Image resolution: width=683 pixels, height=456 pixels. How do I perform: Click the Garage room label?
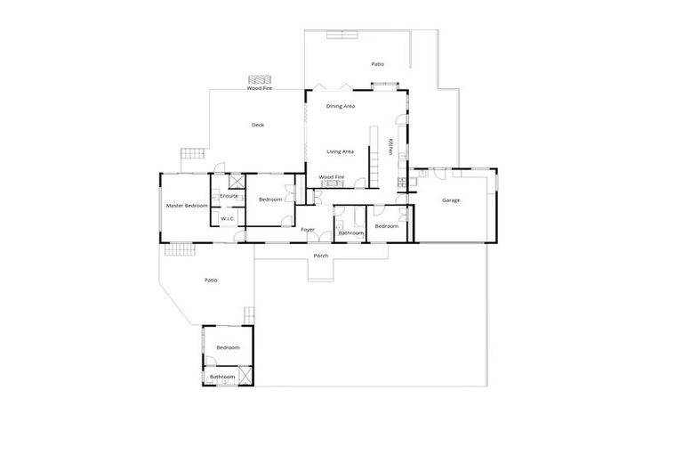coord(451,200)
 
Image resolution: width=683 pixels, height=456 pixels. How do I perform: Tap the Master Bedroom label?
coord(187,206)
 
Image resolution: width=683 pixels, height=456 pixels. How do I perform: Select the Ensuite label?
coord(229,196)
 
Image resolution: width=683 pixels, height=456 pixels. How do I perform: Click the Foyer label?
coord(308,230)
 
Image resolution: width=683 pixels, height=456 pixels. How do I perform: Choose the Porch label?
coord(321,256)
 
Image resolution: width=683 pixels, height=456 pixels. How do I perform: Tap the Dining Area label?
coord(341,106)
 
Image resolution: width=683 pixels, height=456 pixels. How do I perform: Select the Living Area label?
coord(340,151)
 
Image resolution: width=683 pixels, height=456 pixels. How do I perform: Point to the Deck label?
coord(258,125)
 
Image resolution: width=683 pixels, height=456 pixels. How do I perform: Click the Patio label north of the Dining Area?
coord(377,64)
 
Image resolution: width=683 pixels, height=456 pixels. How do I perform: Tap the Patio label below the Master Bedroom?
coord(211,281)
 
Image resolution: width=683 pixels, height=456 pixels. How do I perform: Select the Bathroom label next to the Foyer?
coord(351,232)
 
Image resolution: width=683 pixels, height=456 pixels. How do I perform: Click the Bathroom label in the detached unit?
coord(222,377)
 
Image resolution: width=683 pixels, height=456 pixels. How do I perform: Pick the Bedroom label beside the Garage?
coord(386,226)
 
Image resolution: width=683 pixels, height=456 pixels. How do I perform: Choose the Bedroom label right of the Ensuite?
coord(270,199)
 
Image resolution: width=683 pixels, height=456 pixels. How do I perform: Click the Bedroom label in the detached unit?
coord(229,347)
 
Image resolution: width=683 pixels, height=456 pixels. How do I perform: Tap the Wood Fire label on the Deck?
coord(260,89)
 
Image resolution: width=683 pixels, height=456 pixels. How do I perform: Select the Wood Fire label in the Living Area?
coord(332,176)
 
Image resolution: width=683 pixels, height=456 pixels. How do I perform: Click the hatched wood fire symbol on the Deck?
coord(260,78)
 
